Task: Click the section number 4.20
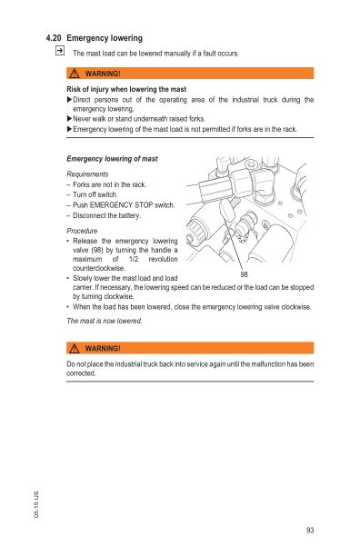(x=54, y=38)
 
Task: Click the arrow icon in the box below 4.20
(x=59, y=53)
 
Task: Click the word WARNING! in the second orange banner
(x=104, y=348)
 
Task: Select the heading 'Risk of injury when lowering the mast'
(x=127, y=89)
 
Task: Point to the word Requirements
(x=88, y=174)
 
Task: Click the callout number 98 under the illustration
(x=245, y=274)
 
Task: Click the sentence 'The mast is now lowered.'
(x=105, y=321)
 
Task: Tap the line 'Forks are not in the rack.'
(x=109, y=184)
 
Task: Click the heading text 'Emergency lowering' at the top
(x=105, y=38)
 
